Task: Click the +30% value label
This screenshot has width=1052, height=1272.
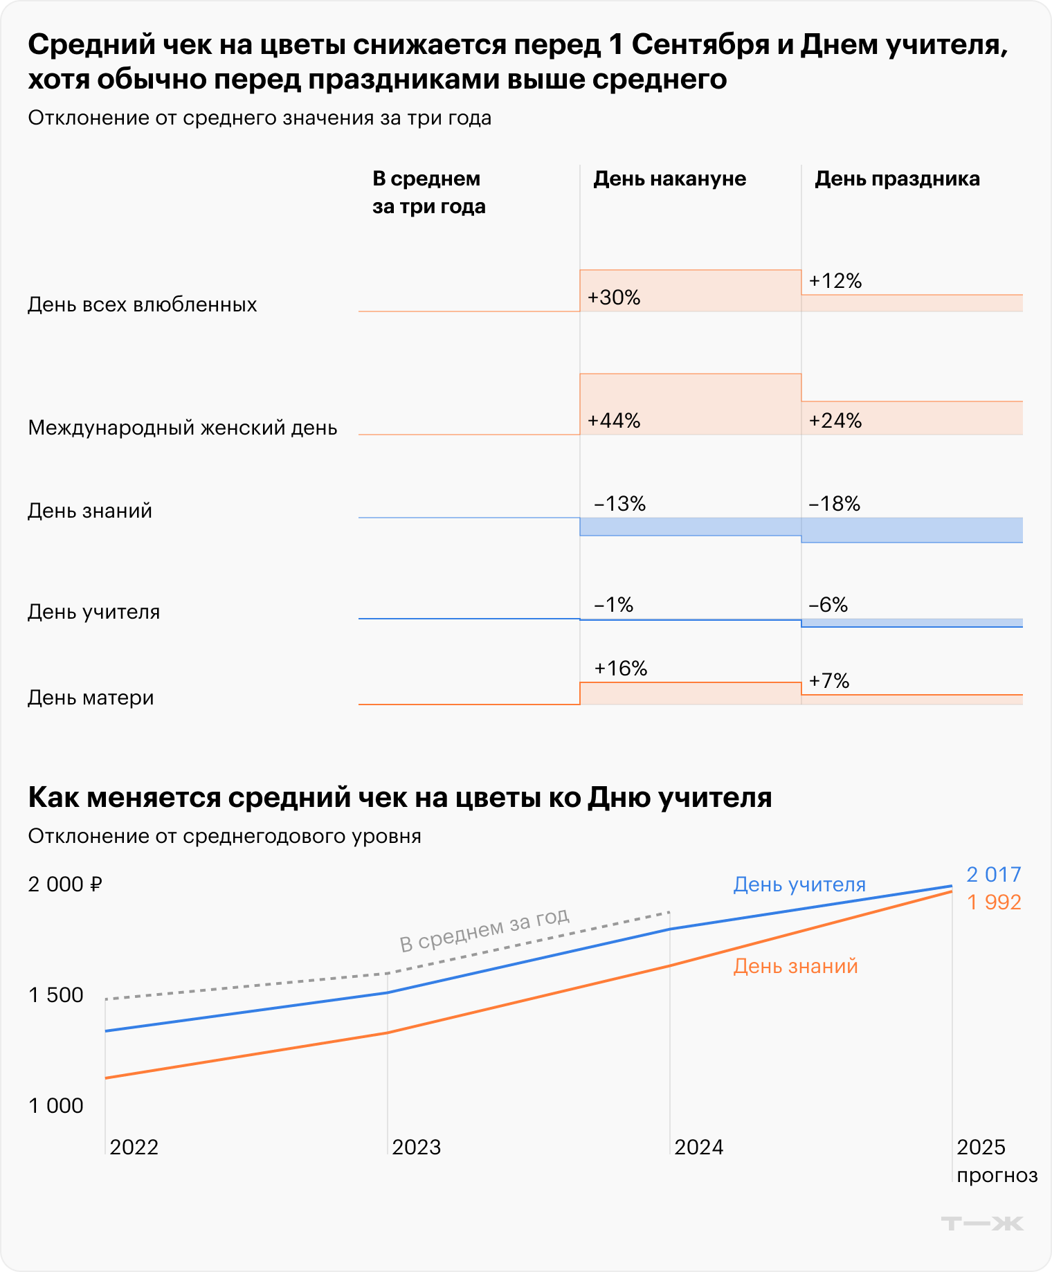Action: coord(614,298)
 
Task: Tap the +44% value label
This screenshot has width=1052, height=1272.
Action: coord(614,421)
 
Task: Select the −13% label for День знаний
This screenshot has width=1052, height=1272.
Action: coord(619,504)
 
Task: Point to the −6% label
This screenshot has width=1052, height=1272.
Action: coord(828,605)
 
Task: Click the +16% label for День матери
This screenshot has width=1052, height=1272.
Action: coord(621,669)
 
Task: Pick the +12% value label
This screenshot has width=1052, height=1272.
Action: coord(835,281)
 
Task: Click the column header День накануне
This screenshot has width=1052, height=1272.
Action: coord(669,179)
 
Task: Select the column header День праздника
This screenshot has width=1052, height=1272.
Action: coord(897,179)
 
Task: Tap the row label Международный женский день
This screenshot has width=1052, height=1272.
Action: coord(183,428)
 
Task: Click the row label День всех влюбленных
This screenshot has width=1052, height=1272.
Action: coord(143,305)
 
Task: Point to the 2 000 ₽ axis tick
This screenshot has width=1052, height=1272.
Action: coord(65,884)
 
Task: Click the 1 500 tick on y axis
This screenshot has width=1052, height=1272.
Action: coord(55,995)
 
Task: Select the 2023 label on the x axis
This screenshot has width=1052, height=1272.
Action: coord(416,1147)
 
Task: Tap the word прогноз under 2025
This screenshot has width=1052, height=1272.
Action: coord(997,1175)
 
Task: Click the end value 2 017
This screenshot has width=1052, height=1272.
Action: coord(994,875)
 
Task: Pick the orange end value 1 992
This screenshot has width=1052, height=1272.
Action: coord(994,902)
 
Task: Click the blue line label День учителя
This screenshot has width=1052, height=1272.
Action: coord(799,884)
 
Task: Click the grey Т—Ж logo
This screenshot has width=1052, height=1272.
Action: coord(982,1224)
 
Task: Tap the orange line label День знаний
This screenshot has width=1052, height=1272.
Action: coord(795,966)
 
